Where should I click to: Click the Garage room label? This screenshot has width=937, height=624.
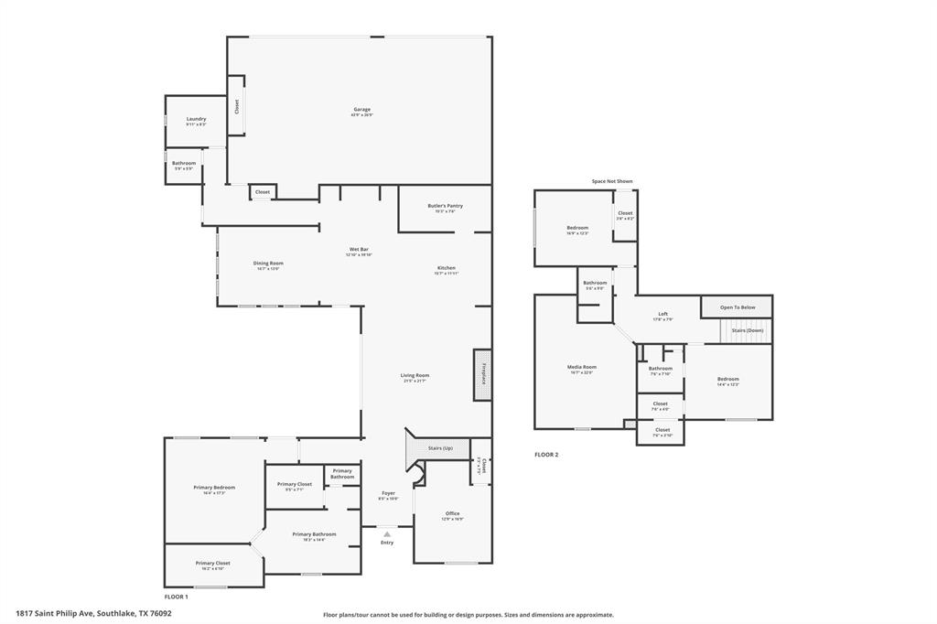tap(362, 110)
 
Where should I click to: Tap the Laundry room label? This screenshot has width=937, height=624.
tap(196, 119)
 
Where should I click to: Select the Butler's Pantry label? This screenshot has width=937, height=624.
tap(445, 207)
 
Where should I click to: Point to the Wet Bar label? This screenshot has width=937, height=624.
tap(359, 250)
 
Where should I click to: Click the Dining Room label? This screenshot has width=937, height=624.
tap(268, 264)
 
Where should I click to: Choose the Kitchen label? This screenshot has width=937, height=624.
tap(446, 268)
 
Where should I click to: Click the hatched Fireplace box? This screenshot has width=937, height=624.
tap(482, 374)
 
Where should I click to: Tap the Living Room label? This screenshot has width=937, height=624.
tap(415, 375)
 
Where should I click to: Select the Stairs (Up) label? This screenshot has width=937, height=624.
tap(440, 447)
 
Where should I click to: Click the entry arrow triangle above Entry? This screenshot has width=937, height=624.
tap(387, 533)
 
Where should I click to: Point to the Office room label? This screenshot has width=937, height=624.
tap(452, 513)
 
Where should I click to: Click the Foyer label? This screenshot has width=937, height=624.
tap(388, 494)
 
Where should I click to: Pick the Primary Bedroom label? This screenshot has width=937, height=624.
tap(214, 488)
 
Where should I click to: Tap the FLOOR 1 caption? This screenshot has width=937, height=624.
tap(176, 597)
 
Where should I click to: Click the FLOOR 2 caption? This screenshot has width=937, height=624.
tap(546, 455)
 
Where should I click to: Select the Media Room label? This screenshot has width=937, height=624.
tap(582, 367)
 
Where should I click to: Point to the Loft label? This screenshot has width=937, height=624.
tap(662, 314)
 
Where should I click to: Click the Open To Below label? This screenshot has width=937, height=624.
tap(738, 307)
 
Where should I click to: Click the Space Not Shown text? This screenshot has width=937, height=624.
tap(611, 181)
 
